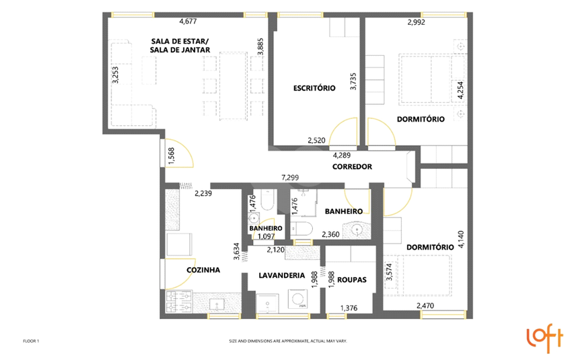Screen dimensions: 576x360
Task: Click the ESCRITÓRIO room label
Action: coord(314,88)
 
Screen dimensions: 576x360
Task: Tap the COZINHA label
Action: coord(203,270)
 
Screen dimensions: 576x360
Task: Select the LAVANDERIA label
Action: coord(282,275)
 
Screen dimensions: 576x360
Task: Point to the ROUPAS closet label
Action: coord(352,280)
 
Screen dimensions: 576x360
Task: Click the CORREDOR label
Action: coord(352,167)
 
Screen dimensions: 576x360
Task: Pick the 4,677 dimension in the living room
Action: coord(188,22)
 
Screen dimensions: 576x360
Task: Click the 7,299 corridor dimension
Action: coord(290,178)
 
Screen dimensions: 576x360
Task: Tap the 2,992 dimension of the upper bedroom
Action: coord(417,22)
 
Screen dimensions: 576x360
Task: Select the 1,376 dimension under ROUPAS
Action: coord(349,308)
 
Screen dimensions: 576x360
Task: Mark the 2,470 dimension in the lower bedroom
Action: coord(425,305)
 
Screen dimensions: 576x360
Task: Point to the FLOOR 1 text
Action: coord(31,341)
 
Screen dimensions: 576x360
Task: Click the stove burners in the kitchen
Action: coord(179,302)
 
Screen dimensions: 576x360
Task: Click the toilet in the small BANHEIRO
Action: coord(266,201)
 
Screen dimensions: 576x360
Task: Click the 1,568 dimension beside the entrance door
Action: coord(171,155)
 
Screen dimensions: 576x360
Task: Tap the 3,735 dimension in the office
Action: coord(353,81)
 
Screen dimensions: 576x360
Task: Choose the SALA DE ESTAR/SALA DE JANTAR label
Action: coord(180,46)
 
